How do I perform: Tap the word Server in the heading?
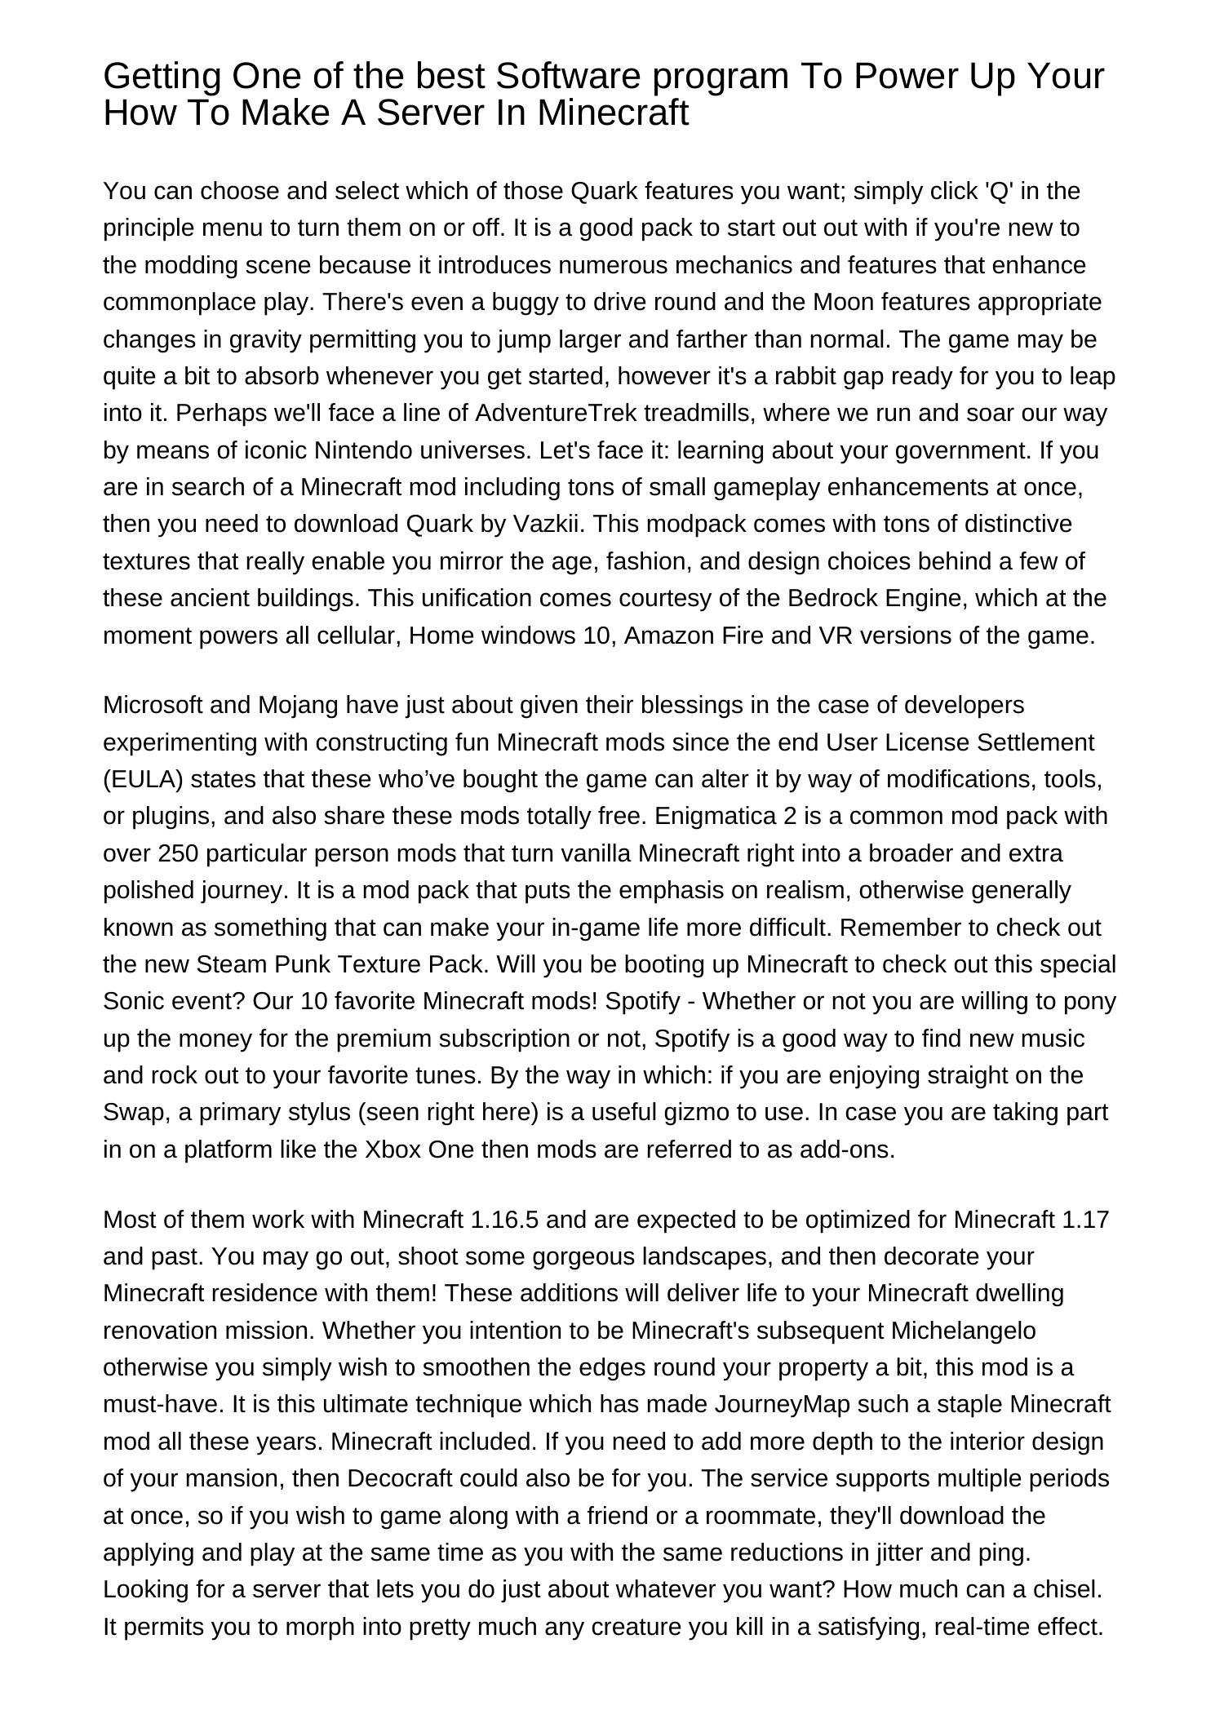pos(432,113)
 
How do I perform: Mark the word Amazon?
pos(669,636)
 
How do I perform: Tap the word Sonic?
pos(132,1001)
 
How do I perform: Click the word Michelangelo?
pos(963,1331)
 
